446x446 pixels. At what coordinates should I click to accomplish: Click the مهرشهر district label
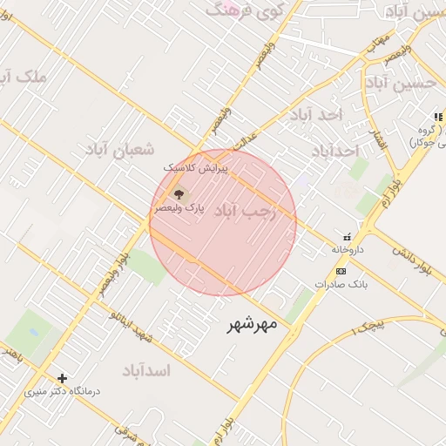click(252, 324)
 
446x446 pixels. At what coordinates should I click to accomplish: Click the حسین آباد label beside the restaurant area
click(400, 84)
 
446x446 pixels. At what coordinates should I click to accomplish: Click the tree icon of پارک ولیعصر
click(179, 193)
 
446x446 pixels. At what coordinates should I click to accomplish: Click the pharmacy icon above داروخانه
click(348, 236)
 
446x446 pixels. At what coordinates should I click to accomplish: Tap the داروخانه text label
click(346, 249)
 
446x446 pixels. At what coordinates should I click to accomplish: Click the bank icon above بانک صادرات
click(341, 271)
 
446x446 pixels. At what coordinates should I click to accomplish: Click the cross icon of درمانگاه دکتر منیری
click(62, 378)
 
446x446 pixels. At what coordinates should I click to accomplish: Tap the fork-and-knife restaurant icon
click(437, 117)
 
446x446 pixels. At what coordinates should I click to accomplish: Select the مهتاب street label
click(376, 42)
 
